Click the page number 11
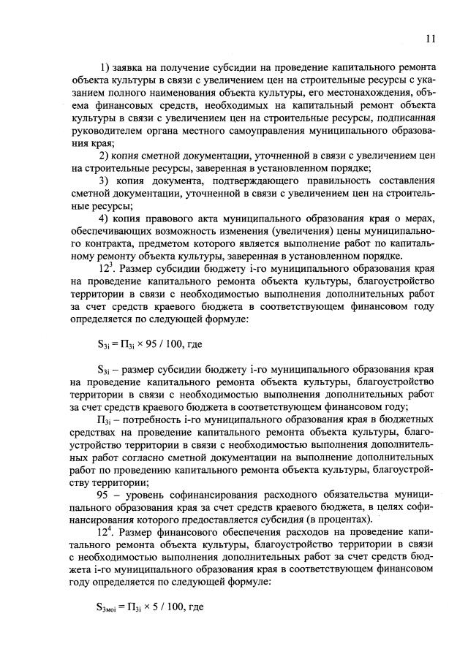pos(431,39)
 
